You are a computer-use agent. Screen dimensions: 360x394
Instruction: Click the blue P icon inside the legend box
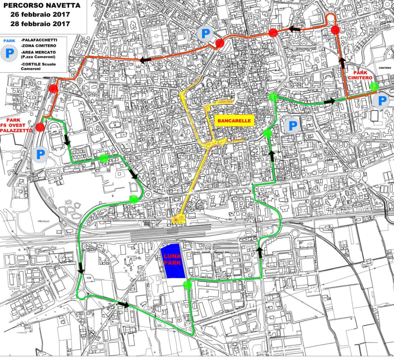[8, 53]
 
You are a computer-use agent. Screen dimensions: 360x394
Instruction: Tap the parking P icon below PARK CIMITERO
[382, 101]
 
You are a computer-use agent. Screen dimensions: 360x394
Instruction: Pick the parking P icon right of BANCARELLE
[292, 125]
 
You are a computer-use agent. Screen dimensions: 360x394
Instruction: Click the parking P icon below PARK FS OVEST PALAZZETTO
[40, 155]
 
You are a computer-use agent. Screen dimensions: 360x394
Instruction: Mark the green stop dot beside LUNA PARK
[187, 285]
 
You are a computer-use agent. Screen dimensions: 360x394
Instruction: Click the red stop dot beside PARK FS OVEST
[40, 127]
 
